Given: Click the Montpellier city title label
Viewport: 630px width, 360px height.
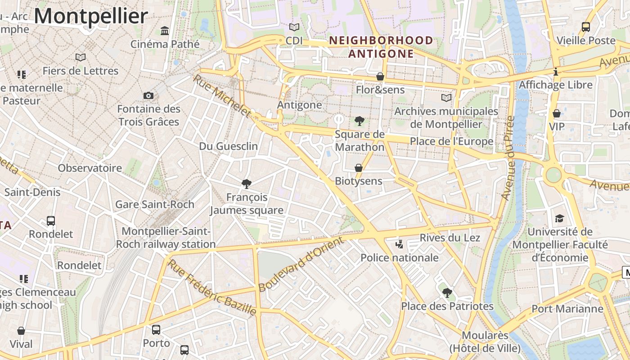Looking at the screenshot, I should pos(91,16).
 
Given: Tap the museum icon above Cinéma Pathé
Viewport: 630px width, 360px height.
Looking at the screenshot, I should pos(165,31).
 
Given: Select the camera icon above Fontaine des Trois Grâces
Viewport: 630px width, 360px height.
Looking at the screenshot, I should pos(148,95).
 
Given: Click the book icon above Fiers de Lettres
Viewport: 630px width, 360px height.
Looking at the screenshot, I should pos(81,57).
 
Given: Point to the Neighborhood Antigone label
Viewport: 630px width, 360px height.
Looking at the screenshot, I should pos(381,47).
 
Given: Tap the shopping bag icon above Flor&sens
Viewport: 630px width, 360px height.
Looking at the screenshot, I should pos(380,76).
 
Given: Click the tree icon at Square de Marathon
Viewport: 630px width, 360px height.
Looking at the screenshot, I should pos(359,121).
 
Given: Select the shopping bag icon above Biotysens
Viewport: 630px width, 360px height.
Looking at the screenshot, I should pos(359,168).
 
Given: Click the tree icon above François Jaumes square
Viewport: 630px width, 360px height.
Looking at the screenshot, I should pos(246,184).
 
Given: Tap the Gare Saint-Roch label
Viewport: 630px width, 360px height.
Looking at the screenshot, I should pos(155,204).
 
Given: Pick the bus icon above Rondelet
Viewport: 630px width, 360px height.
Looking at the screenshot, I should pos(51,221).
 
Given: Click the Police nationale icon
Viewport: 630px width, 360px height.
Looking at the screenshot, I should pos(399,244).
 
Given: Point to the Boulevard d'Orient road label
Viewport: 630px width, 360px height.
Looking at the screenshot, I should pos(301,264).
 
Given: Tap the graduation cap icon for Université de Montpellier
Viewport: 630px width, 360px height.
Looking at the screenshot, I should pos(559,218).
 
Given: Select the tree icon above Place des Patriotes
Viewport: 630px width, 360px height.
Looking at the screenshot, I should pos(447,293).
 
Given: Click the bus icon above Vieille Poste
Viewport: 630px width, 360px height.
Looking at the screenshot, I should pos(585,27).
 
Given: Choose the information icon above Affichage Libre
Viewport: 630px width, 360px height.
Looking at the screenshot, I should pos(556,72).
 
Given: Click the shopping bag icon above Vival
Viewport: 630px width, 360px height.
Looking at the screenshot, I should pos(21,331).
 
